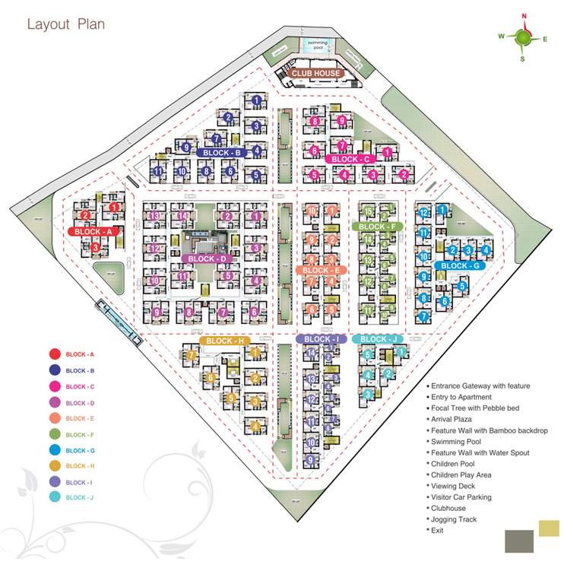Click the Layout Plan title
pos(66,24)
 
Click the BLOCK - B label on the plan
pos(222,153)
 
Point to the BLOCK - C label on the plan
pos(351,159)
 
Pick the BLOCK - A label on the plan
pos(93,231)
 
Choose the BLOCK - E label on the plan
pos(321,270)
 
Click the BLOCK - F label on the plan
pos(377,227)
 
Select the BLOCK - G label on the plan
pos(460,265)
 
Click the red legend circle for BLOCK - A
pos(55,354)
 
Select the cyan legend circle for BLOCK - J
pos(55,497)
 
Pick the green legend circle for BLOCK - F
pos(55,435)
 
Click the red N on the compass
pos(524,16)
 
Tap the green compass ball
pos(523,36)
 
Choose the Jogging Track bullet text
pos(455,519)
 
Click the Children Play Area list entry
pos(461,474)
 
